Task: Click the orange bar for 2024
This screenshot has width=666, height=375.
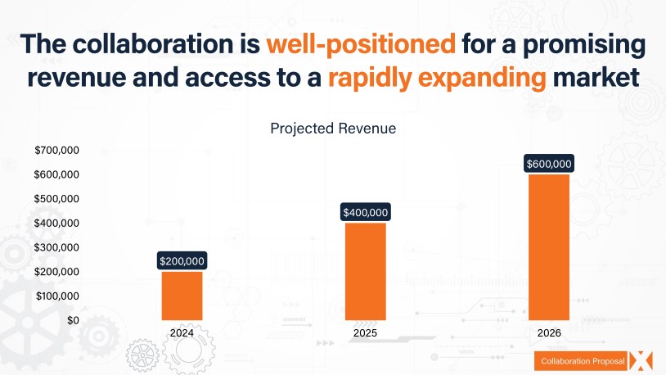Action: pos(182,295)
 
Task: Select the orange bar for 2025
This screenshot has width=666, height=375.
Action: pos(365,270)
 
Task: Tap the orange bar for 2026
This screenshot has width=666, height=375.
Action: pos(548,246)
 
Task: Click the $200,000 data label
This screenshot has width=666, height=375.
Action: pos(182,261)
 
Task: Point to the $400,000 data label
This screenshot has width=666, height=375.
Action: pos(365,213)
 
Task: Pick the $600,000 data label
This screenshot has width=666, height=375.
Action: pos(548,164)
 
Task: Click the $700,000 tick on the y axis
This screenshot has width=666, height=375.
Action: pos(56,150)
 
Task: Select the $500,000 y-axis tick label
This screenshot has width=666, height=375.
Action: pos(56,199)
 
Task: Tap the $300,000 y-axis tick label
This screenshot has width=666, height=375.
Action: pos(56,247)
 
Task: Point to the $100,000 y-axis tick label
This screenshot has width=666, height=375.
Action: pos(56,296)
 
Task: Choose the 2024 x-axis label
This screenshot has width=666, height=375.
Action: pos(182,334)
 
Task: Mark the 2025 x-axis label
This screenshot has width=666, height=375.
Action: pos(365,334)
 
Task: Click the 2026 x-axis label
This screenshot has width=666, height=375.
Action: pos(548,334)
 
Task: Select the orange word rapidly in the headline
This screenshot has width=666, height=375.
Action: pos(374,79)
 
